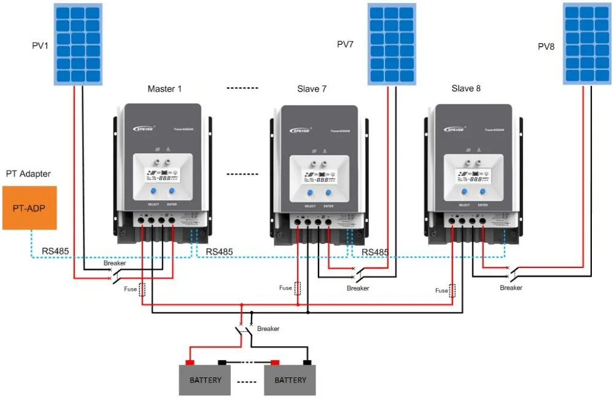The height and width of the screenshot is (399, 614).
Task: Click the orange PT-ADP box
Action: click(x=29, y=208)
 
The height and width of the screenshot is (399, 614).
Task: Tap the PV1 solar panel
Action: click(x=76, y=44)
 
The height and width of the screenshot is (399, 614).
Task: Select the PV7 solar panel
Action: click(x=391, y=44)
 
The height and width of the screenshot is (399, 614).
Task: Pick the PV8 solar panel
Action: click(x=588, y=44)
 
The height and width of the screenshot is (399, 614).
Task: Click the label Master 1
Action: click(x=165, y=89)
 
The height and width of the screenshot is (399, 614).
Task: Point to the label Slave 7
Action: click(x=312, y=89)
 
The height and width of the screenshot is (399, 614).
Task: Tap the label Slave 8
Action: click(x=466, y=89)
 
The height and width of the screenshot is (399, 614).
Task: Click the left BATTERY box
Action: click(x=204, y=380)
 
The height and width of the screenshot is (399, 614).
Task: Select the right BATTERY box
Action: click(x=290, y=380)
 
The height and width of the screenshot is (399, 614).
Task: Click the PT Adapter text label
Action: click(x=28, y=174)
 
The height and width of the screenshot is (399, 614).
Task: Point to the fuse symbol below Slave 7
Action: click(x=298, y=288)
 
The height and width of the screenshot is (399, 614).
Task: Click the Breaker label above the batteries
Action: click(x=268, y=329)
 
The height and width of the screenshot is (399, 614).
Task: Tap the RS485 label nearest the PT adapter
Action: click(x=56, y=251)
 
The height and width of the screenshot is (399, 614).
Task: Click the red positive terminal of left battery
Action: click(x=190, y=362)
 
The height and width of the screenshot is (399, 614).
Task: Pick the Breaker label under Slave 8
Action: click(x=511, y=288)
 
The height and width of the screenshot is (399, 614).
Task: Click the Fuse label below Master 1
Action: click(x=131, y=288)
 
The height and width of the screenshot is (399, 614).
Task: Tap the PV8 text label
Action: click(x=546, y=46)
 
